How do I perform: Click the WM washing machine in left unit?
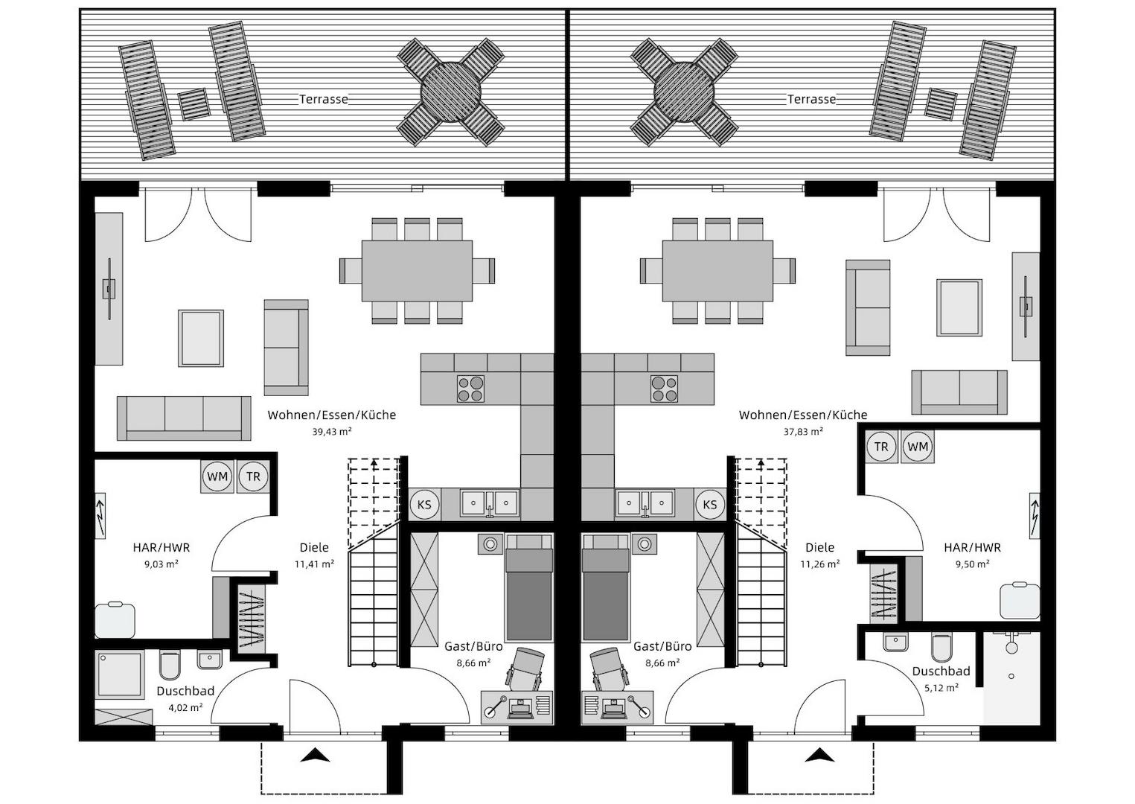217,476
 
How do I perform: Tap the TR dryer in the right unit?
881,447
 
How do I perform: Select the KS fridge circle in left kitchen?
424,505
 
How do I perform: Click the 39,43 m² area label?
332,431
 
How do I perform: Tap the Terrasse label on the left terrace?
323,99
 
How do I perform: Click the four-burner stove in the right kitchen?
665,389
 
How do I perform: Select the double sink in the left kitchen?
490,503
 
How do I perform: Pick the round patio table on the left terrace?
450,92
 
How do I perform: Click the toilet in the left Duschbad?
170,665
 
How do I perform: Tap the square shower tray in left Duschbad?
120,674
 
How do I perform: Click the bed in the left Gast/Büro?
528,587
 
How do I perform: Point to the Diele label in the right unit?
820,547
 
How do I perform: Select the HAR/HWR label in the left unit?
161,547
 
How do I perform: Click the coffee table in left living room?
201,338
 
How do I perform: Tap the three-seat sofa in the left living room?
184,418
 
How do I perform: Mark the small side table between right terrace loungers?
941,104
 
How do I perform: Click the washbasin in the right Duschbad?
896,642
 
